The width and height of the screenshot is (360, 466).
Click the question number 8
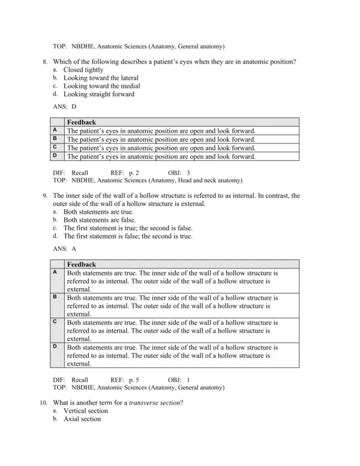(x=44, y=62)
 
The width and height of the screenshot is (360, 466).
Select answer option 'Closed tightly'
(x=84, y=70)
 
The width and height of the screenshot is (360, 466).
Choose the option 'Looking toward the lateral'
(x=101, y=78)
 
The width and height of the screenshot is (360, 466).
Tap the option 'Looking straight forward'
(x=99, y=94)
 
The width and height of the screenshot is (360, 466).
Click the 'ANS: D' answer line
(x=65, y=106)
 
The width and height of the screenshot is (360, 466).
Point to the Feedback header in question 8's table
(x=81, y=122)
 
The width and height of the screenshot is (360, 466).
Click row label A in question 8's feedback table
(x=55, y=130)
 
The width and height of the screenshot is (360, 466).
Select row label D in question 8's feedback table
(x=55, y=156)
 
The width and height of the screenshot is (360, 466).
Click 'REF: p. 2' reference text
(x=125, y=172)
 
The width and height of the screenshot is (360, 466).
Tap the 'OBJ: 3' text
(x=179, y=172)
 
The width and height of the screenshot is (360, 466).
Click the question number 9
(x=44, y=196)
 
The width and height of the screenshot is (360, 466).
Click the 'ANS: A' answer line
(x=65, y=249)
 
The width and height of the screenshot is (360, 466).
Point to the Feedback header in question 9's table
(x=81, y=264)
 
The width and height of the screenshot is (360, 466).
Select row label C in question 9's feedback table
(x=55, y=322)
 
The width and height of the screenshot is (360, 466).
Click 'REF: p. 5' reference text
(x=125, y=380)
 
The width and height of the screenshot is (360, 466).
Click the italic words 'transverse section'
(x=155, y=403)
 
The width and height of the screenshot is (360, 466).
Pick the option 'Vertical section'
(x=86, y=411)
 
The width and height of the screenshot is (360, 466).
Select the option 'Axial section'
(x=82, y=419)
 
